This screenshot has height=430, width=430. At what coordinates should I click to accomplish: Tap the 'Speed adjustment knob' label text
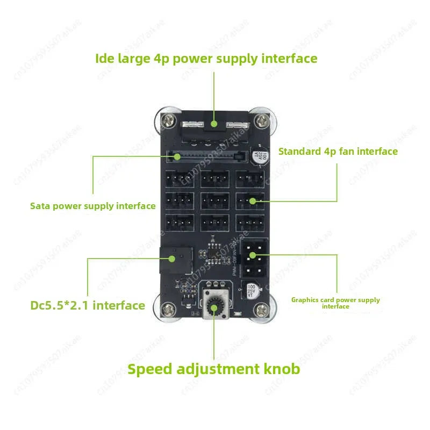213,369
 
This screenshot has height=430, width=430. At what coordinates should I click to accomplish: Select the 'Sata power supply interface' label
93,206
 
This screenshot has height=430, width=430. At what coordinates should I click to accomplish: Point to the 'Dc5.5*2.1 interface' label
88,305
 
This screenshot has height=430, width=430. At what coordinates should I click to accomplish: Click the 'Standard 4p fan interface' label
338,151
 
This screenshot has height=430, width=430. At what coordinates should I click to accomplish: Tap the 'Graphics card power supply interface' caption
335,303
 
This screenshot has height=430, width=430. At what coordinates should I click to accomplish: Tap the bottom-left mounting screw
169,311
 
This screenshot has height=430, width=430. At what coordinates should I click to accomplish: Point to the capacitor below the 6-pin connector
250,291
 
